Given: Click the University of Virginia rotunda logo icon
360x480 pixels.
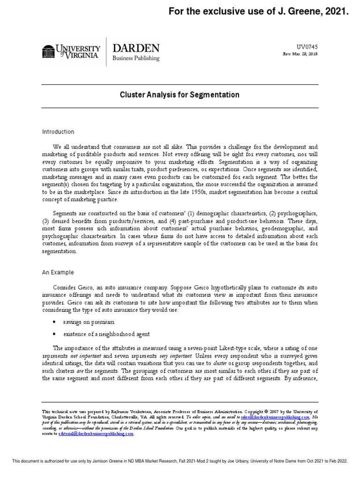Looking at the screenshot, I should (x=49, y=51).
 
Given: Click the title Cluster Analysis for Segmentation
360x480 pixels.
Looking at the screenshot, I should (x=180, y=95).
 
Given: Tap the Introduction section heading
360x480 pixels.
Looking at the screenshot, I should (x=58, y=132).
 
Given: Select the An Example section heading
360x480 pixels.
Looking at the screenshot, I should (x=58, y=272).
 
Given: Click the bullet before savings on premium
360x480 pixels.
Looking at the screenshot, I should (x=55, y=322).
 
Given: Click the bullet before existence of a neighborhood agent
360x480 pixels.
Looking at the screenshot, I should (x=55, y=334).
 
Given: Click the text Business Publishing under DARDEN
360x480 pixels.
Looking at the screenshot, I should (x=136, y=59).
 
